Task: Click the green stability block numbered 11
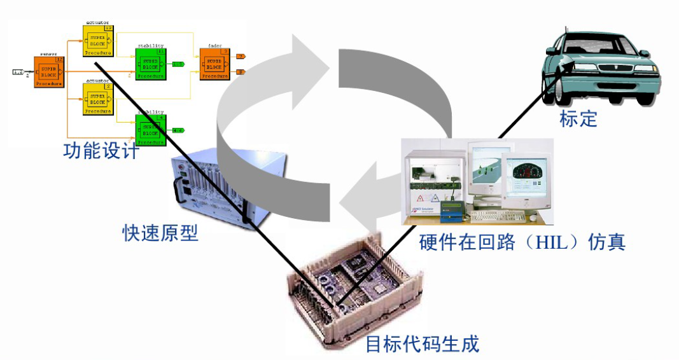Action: [150, 63]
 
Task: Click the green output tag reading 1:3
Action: [178, 64]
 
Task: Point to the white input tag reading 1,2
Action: [18, 73]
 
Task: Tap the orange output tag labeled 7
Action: [241, 57]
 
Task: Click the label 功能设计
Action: [101, 151]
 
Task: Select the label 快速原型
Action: [160, 233]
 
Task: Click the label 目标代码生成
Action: [421, 344]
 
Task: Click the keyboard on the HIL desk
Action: [500, 216]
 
